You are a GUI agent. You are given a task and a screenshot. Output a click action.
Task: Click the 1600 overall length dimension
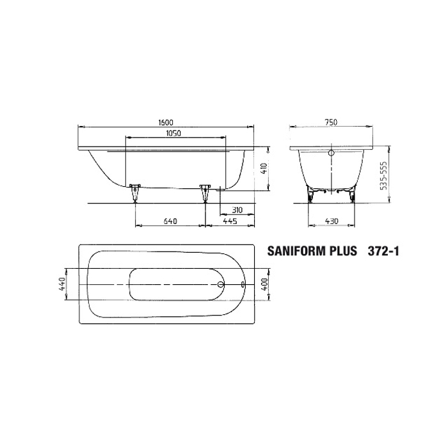(x=166, y=122)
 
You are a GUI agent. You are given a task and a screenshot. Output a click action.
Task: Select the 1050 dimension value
(x=173, y=133)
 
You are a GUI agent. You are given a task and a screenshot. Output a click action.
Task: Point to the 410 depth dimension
(x=264, y=169)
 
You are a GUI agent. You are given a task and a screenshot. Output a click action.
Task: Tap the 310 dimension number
(x=237, y=210)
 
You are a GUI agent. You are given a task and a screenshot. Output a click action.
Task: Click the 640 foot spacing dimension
(x=170, y=221)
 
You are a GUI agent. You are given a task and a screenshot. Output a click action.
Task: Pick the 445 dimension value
(x=230, y=221)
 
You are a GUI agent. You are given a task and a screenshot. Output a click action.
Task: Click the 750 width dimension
(x=331, y=122)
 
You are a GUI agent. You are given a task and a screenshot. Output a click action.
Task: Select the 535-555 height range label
(x=384, y=176)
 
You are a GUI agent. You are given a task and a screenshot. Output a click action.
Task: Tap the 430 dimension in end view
(x=332, y=221)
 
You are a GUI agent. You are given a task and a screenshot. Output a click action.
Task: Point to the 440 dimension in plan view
(x=62, y=284)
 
